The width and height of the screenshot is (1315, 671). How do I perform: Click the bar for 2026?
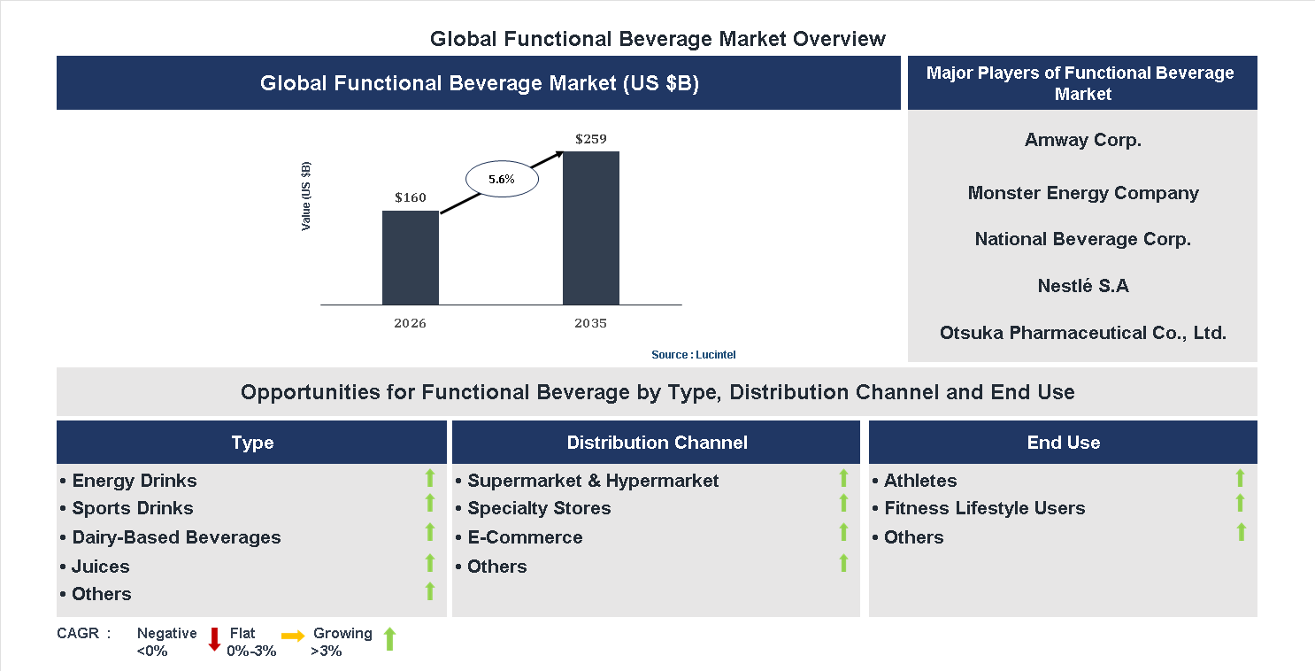[410, 258]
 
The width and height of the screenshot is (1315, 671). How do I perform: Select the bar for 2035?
[590, 228]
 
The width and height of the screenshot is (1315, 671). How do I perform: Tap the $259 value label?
[590, 139]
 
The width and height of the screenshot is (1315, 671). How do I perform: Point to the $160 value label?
[410, 197]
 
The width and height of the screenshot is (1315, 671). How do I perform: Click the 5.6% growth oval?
[501, 179]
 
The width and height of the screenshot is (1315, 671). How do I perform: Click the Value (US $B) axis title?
[306, 197]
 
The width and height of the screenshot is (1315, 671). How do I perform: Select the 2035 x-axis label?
[590, 323]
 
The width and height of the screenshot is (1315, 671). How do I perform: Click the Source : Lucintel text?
[693, 354]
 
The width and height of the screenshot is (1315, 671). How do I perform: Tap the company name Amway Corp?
[1082, 140]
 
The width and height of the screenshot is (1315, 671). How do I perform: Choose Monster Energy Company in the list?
[1082, 193]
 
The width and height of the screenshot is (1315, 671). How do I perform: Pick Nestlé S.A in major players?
[1082, 286]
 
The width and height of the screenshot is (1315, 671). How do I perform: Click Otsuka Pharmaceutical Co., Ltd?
[1082, 333]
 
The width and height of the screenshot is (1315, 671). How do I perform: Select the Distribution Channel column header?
[657, 443]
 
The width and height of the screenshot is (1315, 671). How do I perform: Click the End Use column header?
[1063, 443]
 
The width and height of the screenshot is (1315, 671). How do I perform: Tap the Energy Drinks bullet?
[134, 481]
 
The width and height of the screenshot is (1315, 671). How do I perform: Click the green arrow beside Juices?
[430, 563]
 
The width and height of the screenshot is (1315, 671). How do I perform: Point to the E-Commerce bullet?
[524, 537]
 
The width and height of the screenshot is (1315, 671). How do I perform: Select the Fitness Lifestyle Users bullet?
[983, 508]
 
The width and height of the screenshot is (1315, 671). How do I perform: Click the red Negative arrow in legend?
[214, 639]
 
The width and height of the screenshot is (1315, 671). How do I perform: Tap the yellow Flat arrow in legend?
[293, 636]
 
